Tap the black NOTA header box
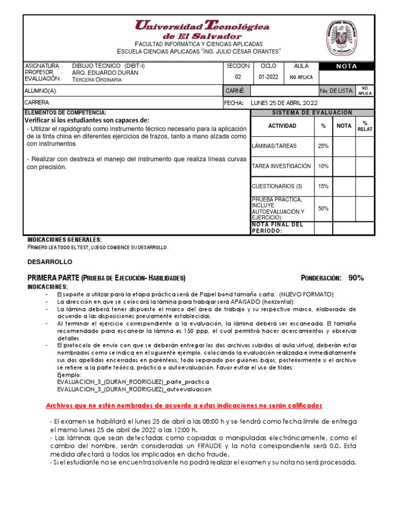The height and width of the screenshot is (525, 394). point(346,66)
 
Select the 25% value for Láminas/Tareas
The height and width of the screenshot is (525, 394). point(323,146)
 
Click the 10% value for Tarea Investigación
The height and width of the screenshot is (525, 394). point(323,166)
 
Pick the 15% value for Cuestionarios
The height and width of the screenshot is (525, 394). point(323,186)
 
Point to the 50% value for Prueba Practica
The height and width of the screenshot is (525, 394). point(323,209)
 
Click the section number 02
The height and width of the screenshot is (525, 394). point(238,77)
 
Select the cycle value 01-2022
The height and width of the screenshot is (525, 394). point(268,77)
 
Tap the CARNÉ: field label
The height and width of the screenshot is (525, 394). point(235,91)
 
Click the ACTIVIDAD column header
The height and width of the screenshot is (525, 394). point(282,126)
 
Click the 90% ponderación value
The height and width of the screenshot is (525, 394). point(356,278)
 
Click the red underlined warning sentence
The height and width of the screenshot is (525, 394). point(184,406)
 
